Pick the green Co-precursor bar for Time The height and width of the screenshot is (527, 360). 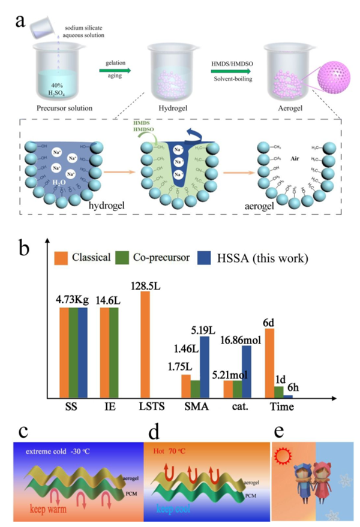pos(280,392)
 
